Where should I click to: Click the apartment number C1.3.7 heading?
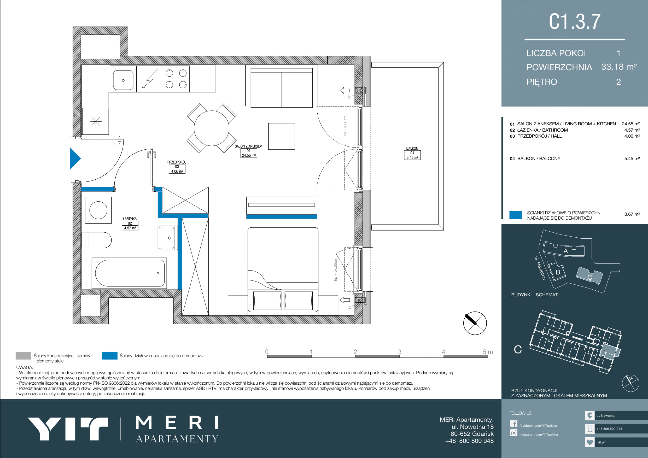pos(574,21)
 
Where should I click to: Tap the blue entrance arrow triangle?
pos(75,158)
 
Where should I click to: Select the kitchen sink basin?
pos(123,80)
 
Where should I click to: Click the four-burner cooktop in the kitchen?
pos(176,79)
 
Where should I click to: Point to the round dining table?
pos(211,128)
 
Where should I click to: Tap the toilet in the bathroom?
pos(96,240)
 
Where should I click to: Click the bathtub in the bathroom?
pos(130,273)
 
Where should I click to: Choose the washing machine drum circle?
pos(98,210)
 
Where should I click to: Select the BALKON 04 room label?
pos(412,153)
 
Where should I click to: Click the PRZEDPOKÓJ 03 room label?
pos(177,167)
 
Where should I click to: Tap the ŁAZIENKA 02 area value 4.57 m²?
pos(130,228)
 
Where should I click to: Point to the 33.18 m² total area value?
pos(619,67)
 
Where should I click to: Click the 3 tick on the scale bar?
pos(400,352)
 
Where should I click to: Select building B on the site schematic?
pos(557,272)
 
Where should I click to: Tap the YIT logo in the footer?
pos(68,429)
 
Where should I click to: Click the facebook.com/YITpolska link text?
pos(538,426)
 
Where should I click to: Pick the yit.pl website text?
pos(601,442)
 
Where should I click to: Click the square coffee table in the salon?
pos(282,136)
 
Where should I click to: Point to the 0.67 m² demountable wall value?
pos(632,214)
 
